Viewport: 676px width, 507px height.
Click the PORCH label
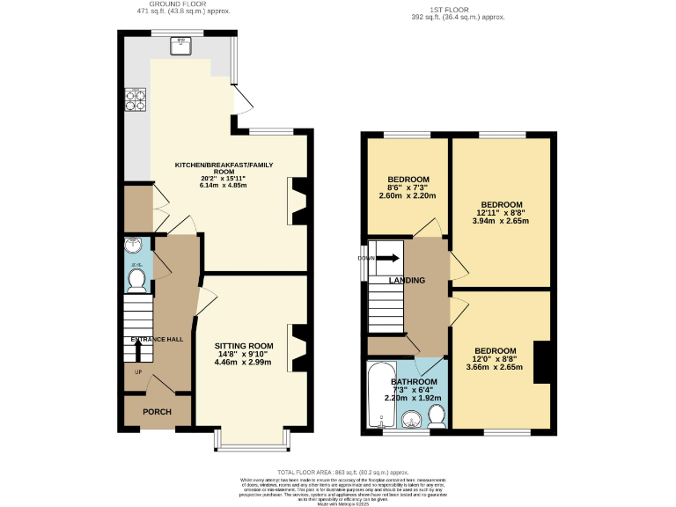pos(157,412)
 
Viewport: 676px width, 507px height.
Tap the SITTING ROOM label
pos(244,346)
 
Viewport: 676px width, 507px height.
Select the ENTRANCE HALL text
pos(157,339)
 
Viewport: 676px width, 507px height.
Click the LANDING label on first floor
pos(407,281)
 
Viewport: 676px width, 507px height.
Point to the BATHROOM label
pos(414,382)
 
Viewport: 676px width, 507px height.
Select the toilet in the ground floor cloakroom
pos(136,280)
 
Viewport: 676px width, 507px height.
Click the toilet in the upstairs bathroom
pos(436,414)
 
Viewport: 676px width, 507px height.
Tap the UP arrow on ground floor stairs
pos(138,352)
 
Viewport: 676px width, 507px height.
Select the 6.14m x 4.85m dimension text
pos(224,186)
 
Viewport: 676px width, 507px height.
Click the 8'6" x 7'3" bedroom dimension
pos(408,187)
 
